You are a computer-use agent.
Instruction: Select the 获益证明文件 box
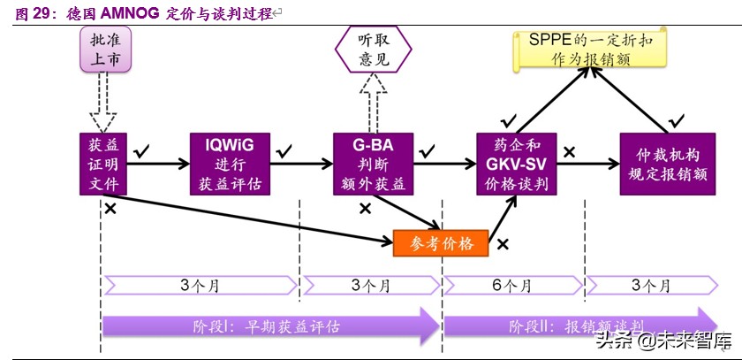pyautogui.click(x=103, y=164)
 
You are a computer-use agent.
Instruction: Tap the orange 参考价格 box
pyautogui.click(x=440, y=242)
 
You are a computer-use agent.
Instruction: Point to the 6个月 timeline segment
pyautogui.click(x=513, y=285)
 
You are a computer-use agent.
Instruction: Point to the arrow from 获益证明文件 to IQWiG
pyautogui.click(x=159, y=164)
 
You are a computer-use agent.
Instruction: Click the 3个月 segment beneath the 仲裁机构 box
pyautogui.click(x=652, y=285)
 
